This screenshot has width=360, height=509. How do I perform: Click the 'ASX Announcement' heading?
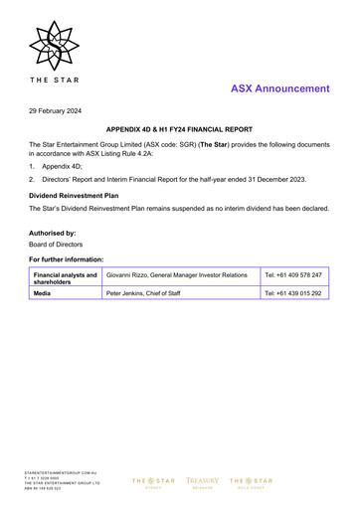[x=279, y=88]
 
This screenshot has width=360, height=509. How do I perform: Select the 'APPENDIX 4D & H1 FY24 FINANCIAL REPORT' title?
[x=179, y=130]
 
